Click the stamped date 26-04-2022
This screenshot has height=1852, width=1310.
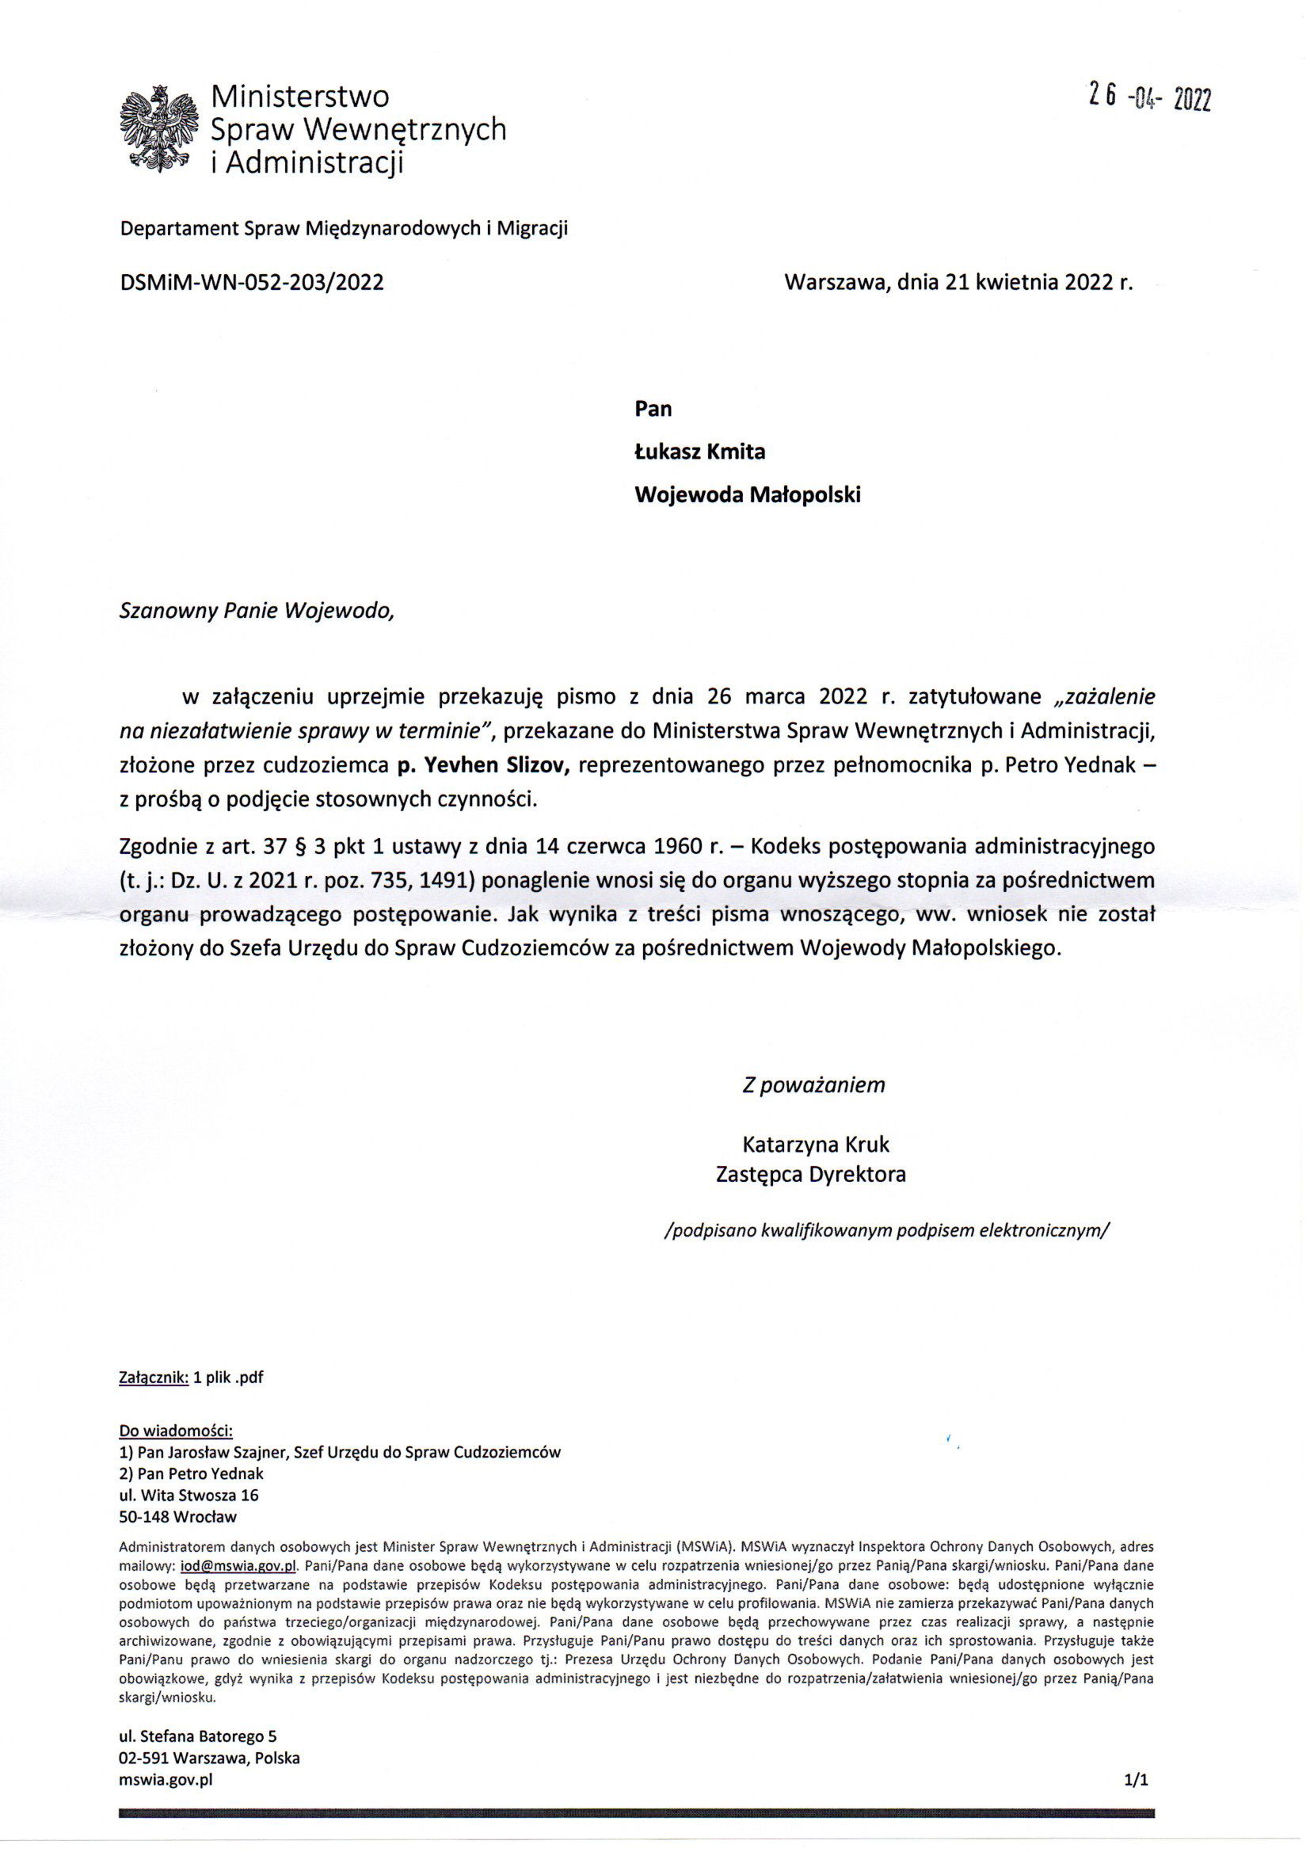1148,97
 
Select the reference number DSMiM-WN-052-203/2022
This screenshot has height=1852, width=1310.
251,282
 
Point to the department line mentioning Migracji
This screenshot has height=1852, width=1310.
344,228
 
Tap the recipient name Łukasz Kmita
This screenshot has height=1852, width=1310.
699,452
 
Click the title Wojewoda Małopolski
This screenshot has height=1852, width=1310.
747,494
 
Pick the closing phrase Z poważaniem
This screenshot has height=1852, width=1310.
813,1085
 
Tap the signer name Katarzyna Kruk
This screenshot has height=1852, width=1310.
816,1145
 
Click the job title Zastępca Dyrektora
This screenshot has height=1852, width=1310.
811,1175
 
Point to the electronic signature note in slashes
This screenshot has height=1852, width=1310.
885,1231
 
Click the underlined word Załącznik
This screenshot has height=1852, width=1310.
154,1378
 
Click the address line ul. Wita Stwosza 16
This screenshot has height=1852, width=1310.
189,1495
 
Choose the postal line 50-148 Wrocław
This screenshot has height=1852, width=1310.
177,1516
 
